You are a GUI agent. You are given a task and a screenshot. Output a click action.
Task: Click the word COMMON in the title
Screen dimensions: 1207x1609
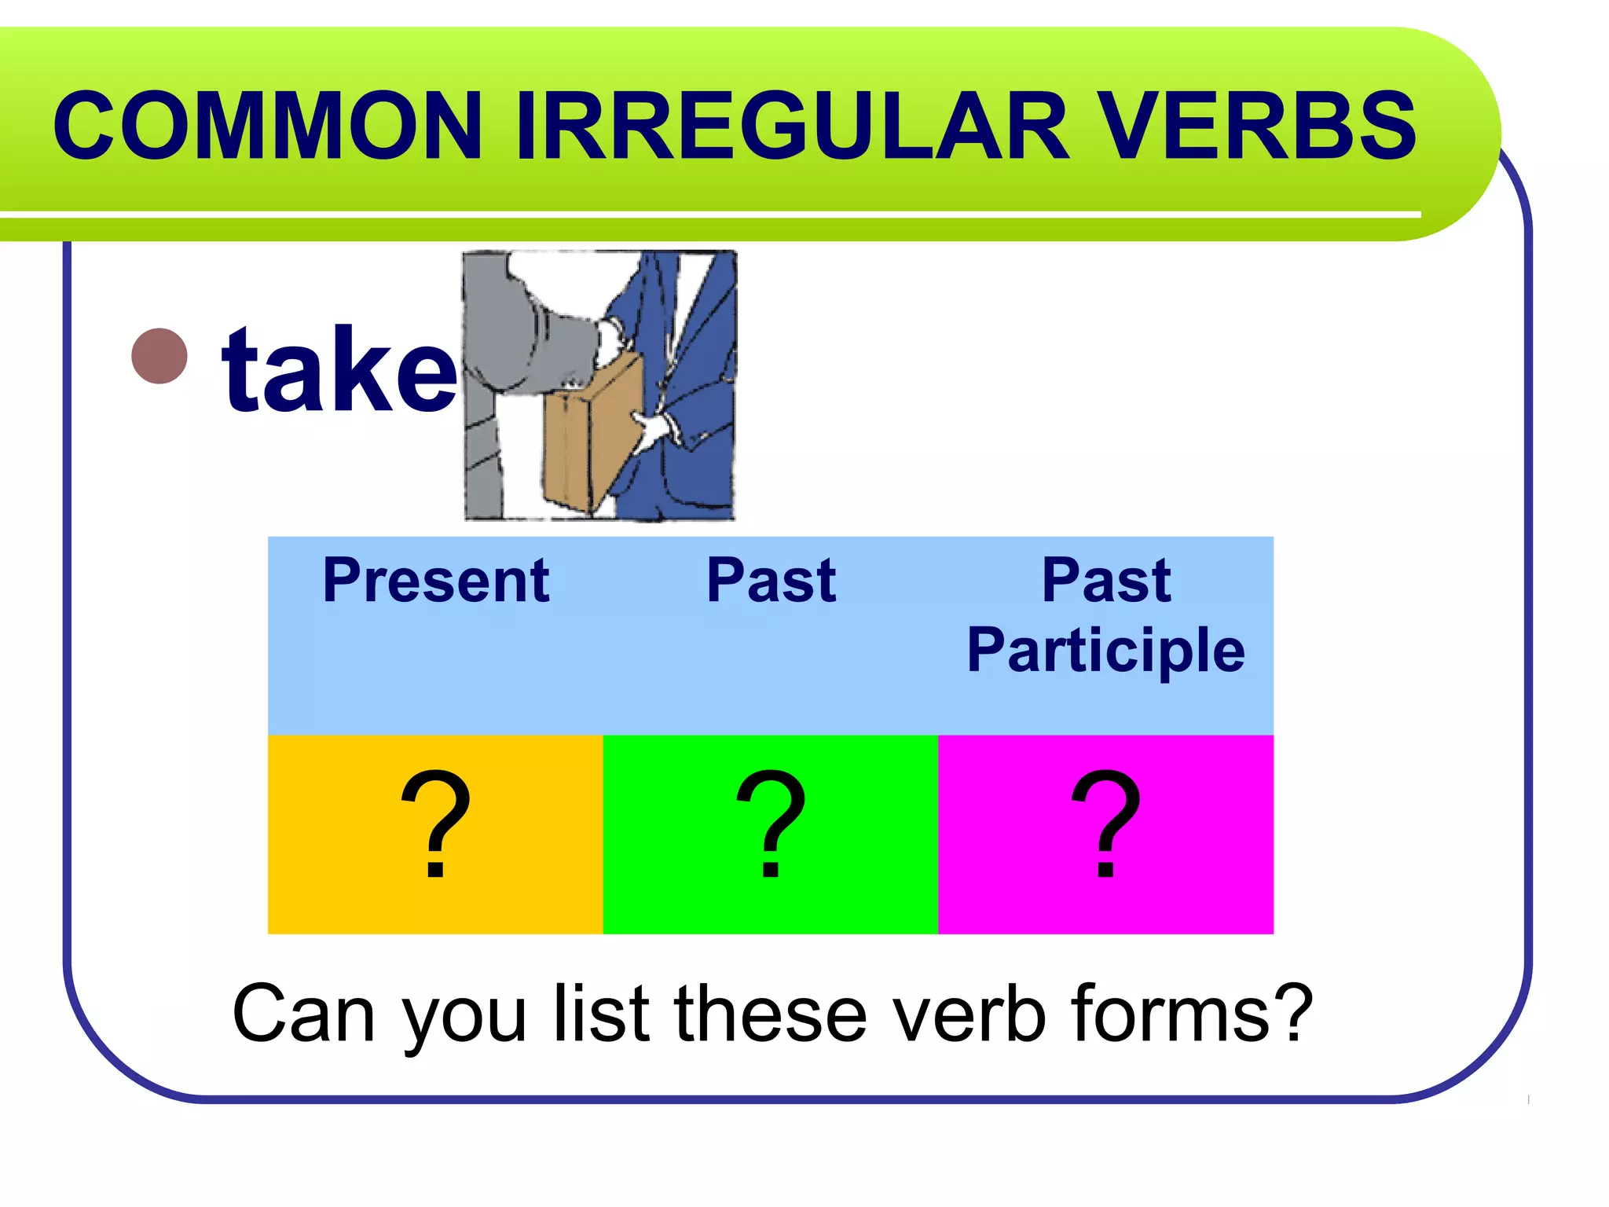(267, 126)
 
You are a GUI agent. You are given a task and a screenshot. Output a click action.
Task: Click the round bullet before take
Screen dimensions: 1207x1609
(159, 356)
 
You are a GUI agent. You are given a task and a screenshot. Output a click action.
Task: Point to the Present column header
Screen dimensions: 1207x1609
(435, 581)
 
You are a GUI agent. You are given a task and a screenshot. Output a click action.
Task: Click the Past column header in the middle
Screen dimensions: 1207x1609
(771, 581)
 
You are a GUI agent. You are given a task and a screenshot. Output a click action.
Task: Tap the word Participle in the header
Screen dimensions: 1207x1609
(1105, 651)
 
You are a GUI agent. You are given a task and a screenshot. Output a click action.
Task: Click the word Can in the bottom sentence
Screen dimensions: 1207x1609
(303, 1014)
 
